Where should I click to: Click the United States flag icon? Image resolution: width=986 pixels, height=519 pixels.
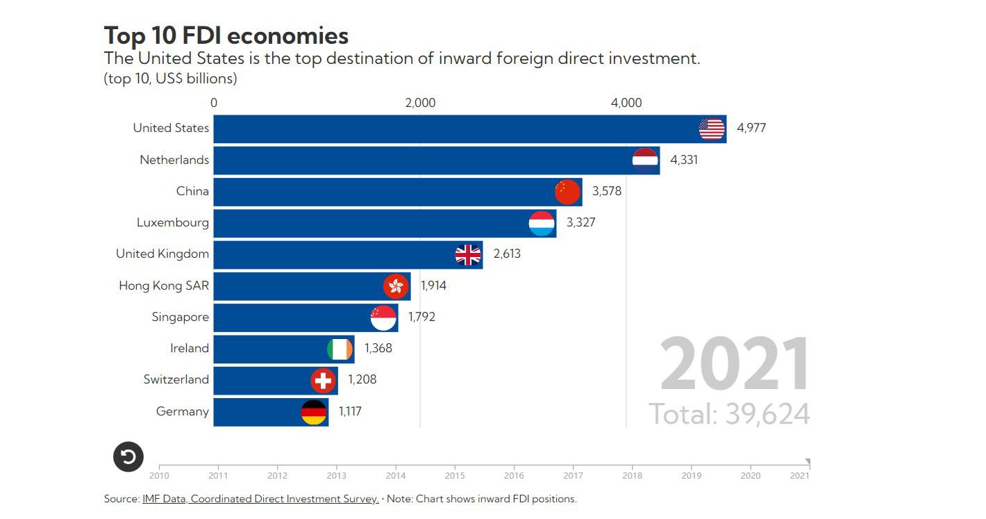click(712, 129)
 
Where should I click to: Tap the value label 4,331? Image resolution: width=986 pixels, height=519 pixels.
click(684, 160)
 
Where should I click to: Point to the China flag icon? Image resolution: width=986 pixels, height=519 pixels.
click(567, 192)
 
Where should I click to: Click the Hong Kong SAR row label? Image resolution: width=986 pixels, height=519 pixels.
click(164, 286)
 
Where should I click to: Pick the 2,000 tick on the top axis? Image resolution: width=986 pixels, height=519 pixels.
click(420, 103)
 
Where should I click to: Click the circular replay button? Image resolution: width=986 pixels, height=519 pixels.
click(128, 456)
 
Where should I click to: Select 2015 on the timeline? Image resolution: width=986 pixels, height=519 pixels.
click(455, 476)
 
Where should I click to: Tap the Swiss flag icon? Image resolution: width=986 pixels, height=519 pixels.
click(323, 380)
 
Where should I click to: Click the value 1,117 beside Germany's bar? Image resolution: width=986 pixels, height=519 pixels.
click(350, 411)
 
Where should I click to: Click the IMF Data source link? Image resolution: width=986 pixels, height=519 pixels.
click(260, 499)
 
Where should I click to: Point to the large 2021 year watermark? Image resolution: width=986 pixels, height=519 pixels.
click(735, 365)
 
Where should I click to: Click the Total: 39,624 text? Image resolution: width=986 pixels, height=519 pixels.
click(729, 414)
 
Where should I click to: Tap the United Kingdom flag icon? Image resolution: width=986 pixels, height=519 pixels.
click(468, 255)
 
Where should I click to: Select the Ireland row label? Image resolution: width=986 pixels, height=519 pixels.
click(190, 348)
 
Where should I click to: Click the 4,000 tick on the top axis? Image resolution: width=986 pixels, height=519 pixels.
click(626, 103)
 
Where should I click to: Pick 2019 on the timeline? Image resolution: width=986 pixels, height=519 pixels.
click(692, 476)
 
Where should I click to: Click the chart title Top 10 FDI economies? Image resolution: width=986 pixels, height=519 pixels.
click(226, 35)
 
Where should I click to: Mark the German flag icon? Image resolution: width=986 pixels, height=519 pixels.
click(314, 412)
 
